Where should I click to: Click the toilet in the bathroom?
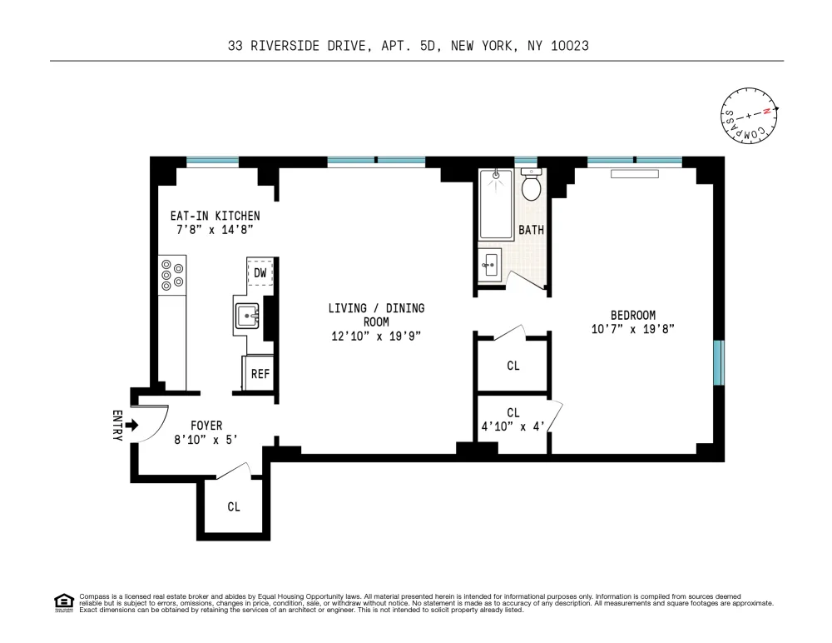[531, 183]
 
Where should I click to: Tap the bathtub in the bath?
[496, 205]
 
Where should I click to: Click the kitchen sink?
[247, 317]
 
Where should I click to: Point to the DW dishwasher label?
[260, 273]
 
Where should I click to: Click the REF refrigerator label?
[260, 374]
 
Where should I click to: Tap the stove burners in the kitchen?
[172, 275]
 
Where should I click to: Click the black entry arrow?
[132, 425]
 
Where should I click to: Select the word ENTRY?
[117, 425]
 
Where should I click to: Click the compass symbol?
[749, 115]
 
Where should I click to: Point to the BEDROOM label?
[633, 315]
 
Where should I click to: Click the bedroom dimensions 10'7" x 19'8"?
[633, 329]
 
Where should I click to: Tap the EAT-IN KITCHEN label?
[215, 216]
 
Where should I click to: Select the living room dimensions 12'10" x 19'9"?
[376, 336]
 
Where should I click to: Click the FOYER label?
[206, 426]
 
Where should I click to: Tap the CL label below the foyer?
[234, 507]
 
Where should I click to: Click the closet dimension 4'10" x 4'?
[513, 426]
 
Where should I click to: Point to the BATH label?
[531, 230]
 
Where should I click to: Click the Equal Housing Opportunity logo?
[64, 603]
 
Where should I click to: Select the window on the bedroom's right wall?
[719, 362]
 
